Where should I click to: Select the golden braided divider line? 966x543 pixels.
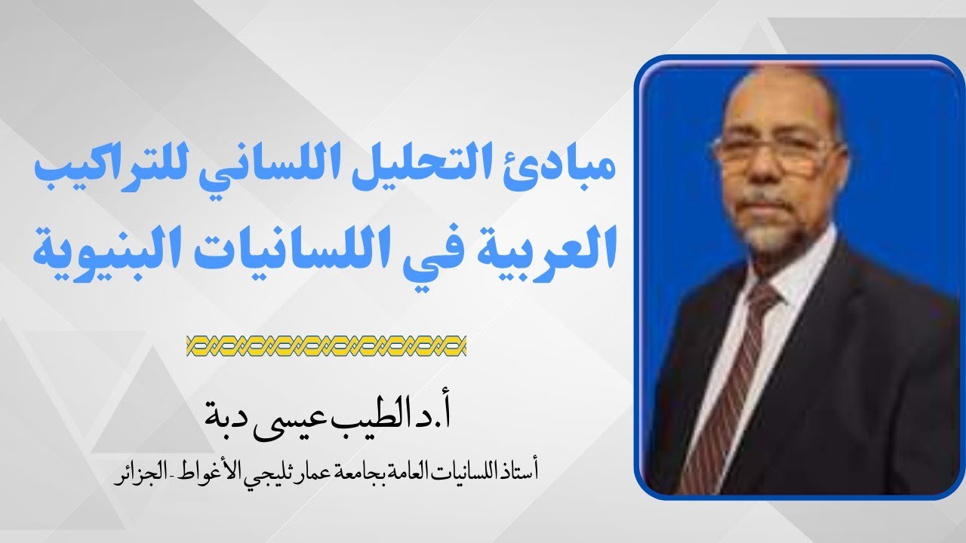click(326, 346)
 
